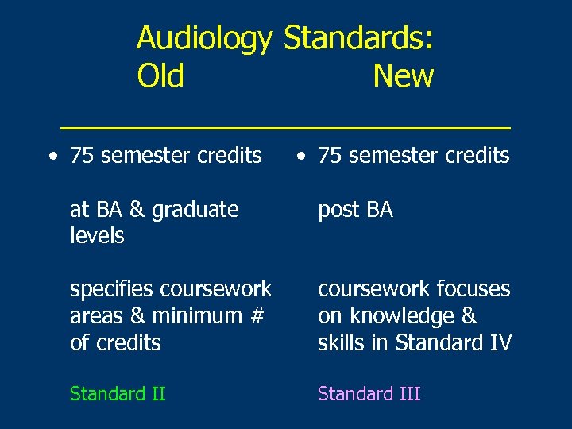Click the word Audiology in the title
coord(204,38)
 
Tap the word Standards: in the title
coord(358,37)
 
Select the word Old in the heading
coord(160,76)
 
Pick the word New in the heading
coord(403,76)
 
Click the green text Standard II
coord(118,394)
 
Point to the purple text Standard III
coord(369,394)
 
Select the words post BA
coord(355,210)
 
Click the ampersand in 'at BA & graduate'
coord(136,210)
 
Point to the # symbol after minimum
coord(255,316)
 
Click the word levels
coord(97,236)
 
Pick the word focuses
coord(469,289)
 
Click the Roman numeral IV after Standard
coord(500,343)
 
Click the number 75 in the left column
coord(82,156)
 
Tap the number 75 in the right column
coord(330,156)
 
